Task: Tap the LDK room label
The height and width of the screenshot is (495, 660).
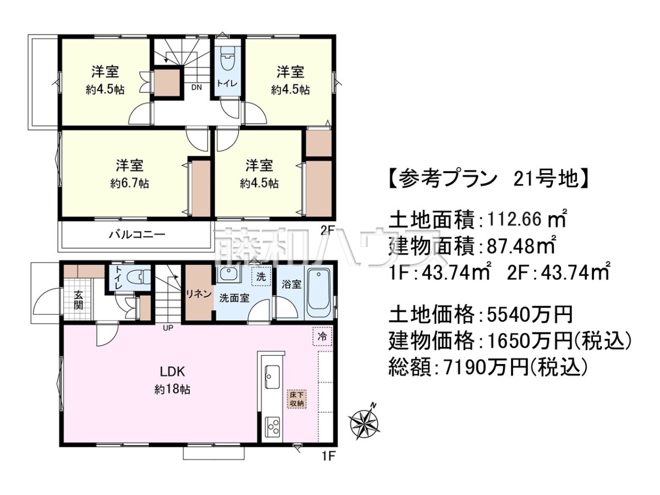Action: pyautogui.click(x=172, y=372)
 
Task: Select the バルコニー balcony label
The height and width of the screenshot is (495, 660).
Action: pyautogui.click(x=137, y=234)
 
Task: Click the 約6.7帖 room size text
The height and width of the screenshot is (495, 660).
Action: pyautogui.click(x=130, y=183)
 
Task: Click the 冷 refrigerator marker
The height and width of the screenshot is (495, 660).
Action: pyautogui.click(x=322, y=336)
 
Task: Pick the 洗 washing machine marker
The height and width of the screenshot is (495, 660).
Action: pyautogui.click(x=261, y=276)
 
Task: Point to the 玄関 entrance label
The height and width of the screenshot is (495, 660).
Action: pyautogui.click(x=78, y=300)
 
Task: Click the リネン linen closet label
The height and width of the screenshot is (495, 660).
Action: pyautogui.click(x=199, y=294)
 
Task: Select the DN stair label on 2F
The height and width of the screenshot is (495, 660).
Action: pyautogui.click(x=197, y=87)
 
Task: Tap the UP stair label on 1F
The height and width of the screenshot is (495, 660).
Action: pyautogui.click(x=168, y=328)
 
